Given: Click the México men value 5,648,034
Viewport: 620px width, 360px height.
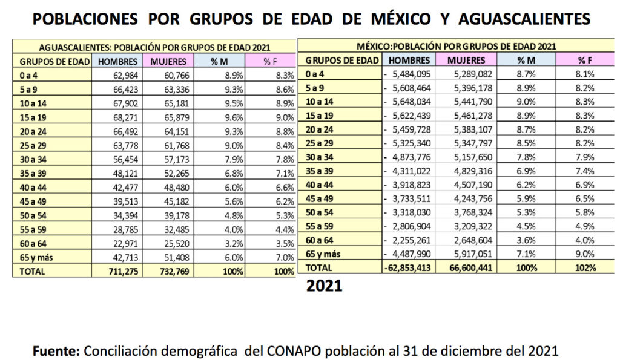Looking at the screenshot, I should tap(411, 101).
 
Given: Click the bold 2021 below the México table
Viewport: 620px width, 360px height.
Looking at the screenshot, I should tap(324, 286).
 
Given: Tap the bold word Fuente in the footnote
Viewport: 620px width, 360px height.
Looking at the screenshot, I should tap(56, 350).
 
